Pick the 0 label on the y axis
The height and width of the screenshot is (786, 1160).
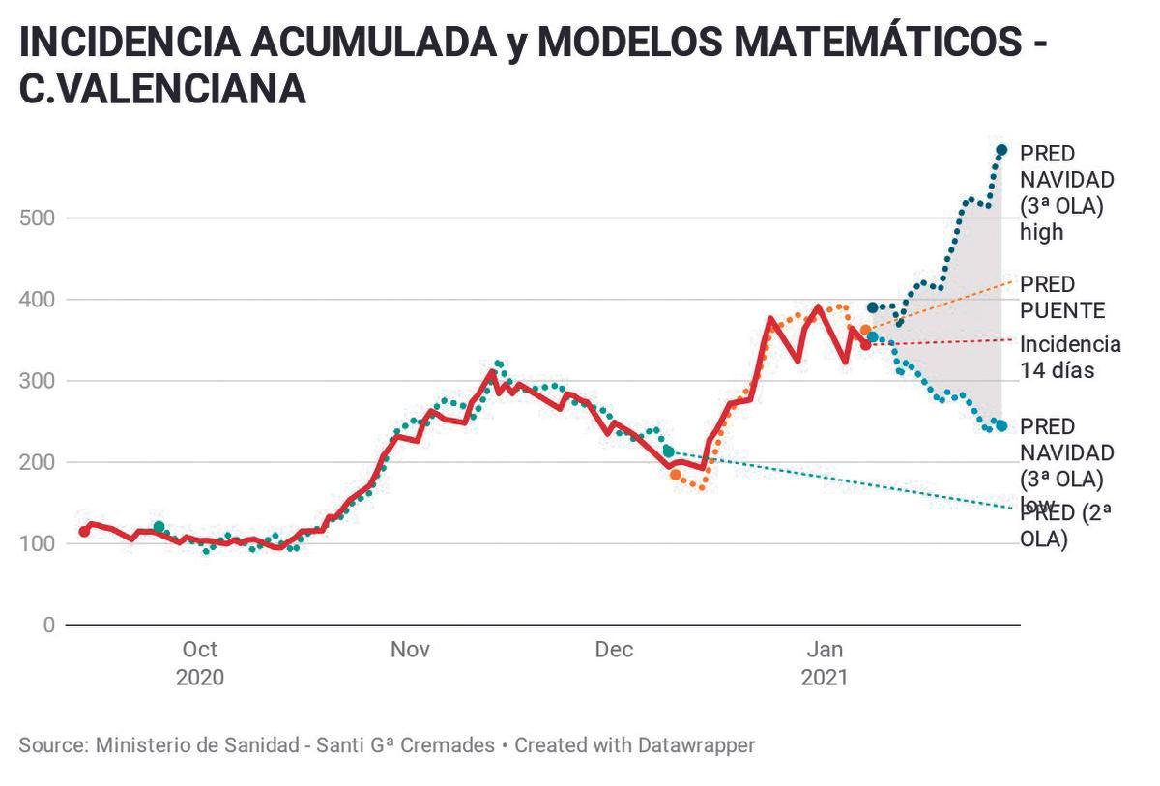click(x=48, y=626)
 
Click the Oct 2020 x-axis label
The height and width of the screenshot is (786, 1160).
click(x=199, y=662)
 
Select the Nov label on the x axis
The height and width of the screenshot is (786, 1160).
click(x=410, y=649)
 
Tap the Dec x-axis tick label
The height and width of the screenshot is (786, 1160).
click(x=614, y=649)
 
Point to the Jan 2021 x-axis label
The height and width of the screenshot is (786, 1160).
click(x=824, y=662)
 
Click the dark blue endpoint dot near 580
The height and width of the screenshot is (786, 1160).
click(x=1001, y=150)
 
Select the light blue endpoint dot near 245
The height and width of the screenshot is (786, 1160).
click(x=1001, y=426)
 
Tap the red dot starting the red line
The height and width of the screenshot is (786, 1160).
click(x=84, y=531)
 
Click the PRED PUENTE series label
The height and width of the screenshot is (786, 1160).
click(x=1061, y=297)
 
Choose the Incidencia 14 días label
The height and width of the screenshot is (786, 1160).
click(x=1070, y=357)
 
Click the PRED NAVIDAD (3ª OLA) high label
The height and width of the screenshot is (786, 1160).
click(x=1067, y=192)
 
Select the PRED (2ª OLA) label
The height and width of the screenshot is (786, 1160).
click(x=1065, y=526)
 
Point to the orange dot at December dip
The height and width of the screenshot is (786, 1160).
click(x=675, y=475)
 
